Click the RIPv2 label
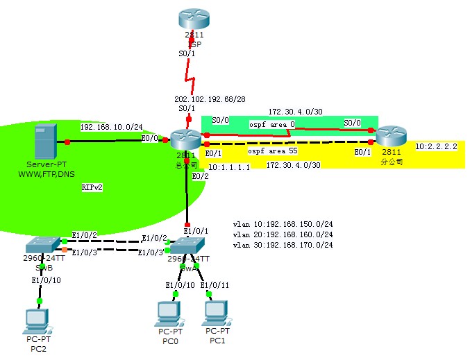(x=92, y=187)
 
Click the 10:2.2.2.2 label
(x=436, y=147)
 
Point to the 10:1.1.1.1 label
(x=228, y=167)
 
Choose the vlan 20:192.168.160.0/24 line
(x=283, y=235)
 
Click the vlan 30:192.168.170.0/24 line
(x=283, y=245)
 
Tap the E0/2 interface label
(x=200, y=176)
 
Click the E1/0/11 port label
(x=214, y=285)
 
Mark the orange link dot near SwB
(x=65, y=248)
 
